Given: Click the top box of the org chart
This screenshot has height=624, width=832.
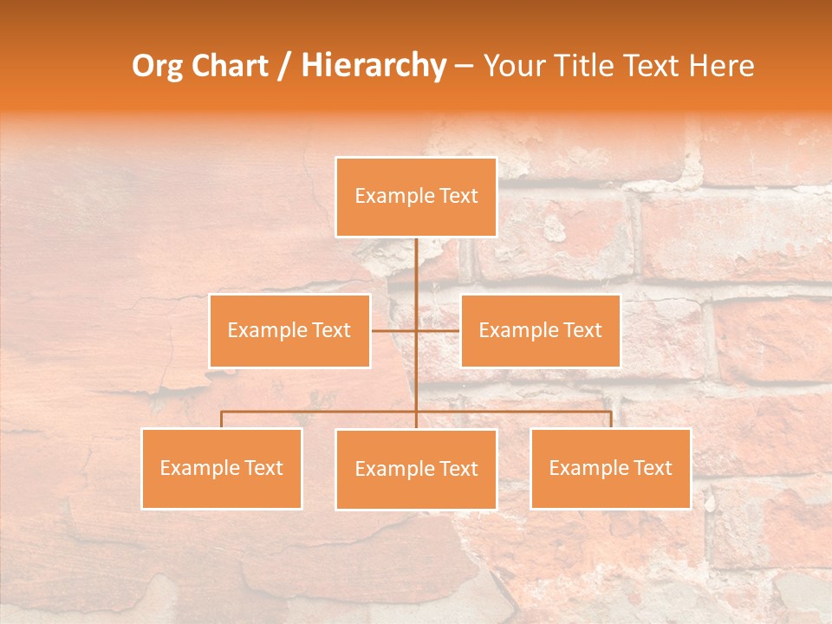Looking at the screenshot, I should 416,197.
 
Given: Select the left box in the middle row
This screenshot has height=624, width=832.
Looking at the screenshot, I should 289,330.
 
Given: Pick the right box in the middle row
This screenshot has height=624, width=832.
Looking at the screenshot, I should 540,330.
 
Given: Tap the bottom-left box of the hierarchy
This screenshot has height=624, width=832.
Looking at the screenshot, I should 222,468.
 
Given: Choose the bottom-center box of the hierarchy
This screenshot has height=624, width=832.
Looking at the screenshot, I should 416,469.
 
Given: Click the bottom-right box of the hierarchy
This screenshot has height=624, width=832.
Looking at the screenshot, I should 610,468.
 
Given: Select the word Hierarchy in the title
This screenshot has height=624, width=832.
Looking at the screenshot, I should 373,66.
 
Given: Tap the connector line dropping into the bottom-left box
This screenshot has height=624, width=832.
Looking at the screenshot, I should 222,419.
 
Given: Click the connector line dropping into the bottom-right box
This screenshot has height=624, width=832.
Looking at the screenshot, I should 610,419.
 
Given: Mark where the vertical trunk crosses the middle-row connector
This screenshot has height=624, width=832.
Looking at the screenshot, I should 416,330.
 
